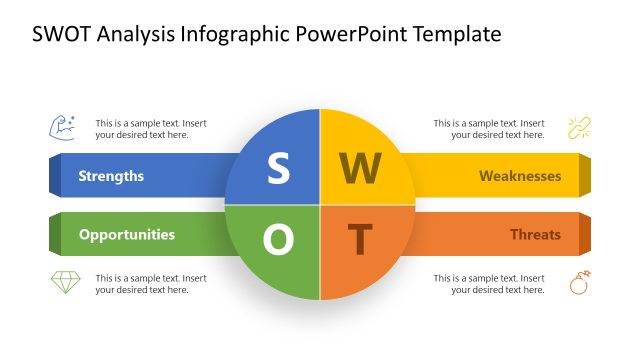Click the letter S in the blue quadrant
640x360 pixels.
[278, 169]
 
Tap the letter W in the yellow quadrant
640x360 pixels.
[360, 170]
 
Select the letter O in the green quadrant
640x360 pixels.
[278, 238]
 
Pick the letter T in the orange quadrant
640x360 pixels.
[360, 239]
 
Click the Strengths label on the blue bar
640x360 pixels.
[111, 176]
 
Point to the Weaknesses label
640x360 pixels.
[519, 176]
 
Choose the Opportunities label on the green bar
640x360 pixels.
[126, 235]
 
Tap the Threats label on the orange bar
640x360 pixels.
[535, 235]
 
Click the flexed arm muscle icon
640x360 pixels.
[62, 128]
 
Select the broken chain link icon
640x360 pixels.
[580, 128]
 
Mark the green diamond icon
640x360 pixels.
[65, 283]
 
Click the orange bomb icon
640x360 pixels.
[580, 283]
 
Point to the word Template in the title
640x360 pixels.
[452, 35]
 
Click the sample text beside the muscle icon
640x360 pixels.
[151, 128]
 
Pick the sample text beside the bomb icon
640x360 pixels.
[489, 284]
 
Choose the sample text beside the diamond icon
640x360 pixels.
[151, 284]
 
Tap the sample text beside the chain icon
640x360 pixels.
[489, 128]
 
